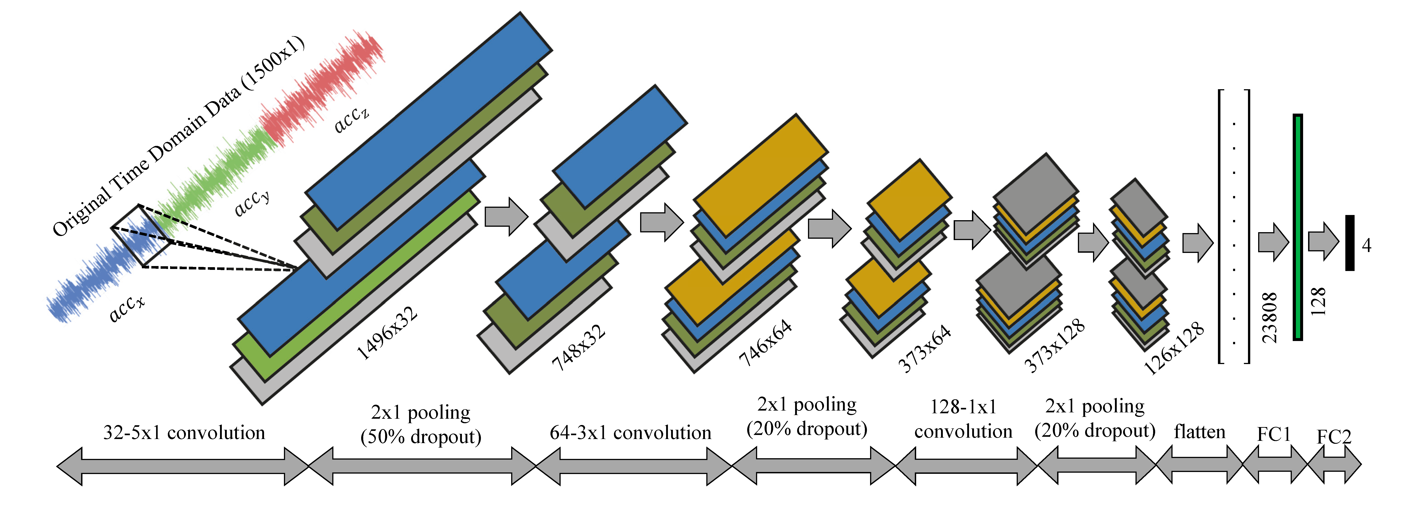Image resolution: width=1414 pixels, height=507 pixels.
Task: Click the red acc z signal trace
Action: (x=324, y=88)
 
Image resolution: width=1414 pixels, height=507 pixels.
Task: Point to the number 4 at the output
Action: (x=1367, y=245)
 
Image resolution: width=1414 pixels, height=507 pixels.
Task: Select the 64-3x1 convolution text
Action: (x=630, y=433)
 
